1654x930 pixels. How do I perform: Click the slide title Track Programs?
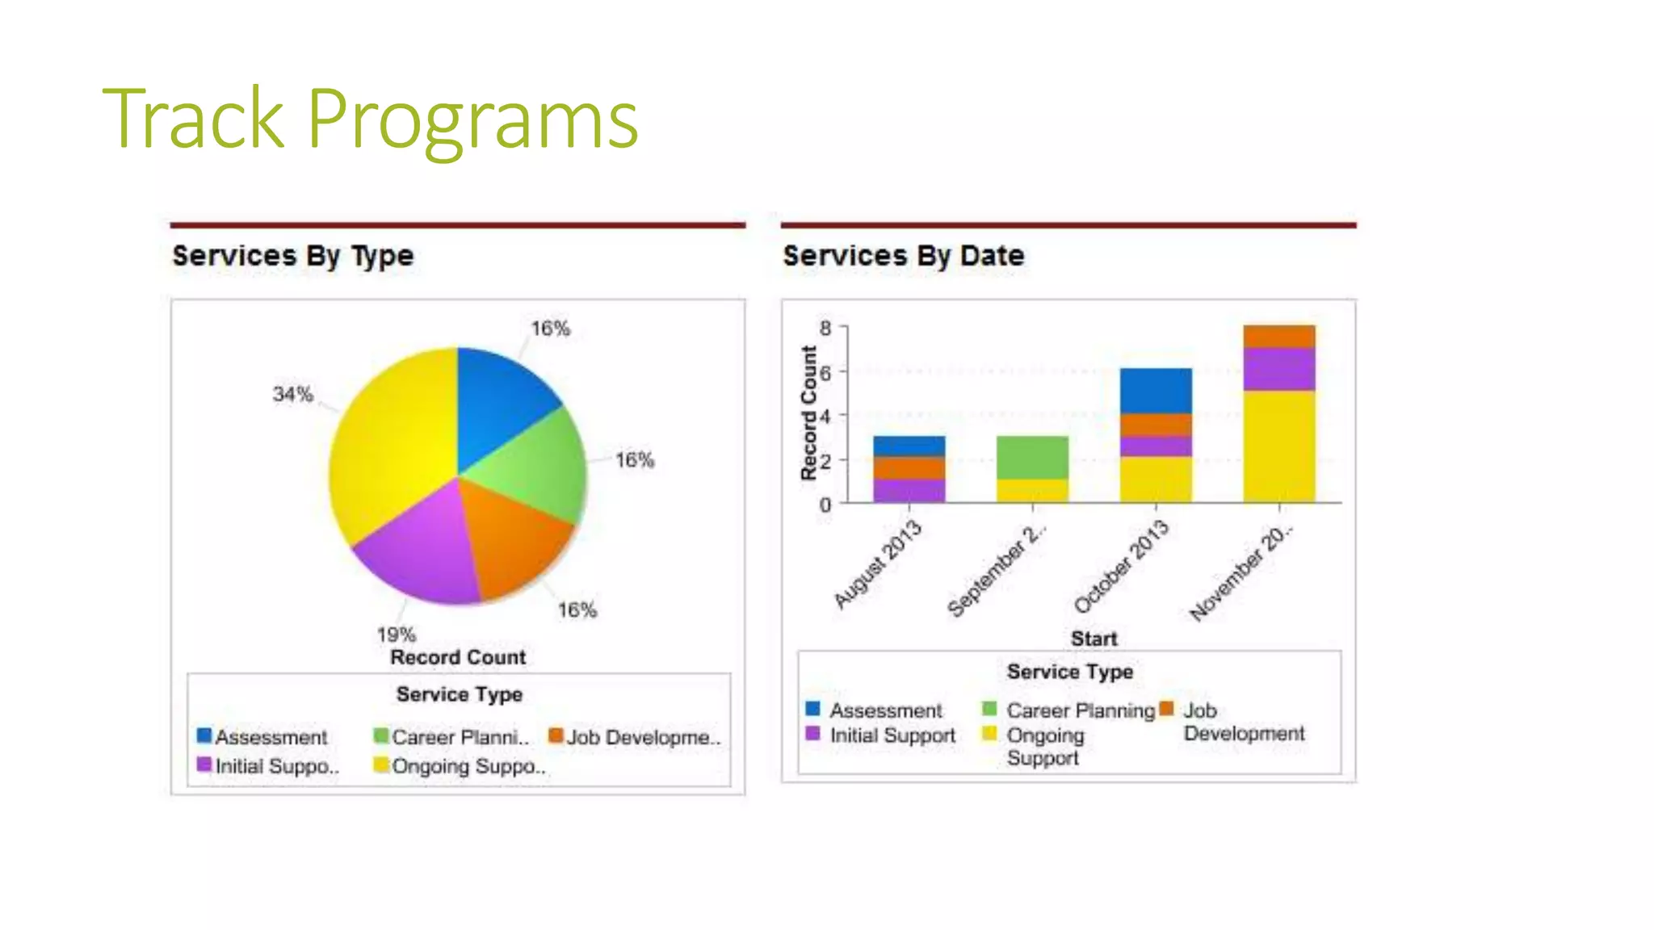[x=370, y=119]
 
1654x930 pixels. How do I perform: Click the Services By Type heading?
[x=292, y=256]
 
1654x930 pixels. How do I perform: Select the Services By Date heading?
[x=903, y=256]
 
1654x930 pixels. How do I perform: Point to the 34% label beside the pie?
[x=292, y=394]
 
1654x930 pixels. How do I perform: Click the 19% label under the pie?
[x=396, y=634]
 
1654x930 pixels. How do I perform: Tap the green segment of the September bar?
[x=1032, y=457]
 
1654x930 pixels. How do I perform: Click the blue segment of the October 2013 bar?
[x=1155, y=391]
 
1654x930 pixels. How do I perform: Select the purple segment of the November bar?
[x=1278, y=369]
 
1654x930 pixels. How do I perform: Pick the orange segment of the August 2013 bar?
[x=909, y=468]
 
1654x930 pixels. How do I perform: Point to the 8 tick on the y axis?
[x=825, y=328]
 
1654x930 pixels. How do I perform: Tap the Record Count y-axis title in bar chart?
[x=808, y=413]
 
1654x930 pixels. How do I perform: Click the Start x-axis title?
[x=1094, y=639]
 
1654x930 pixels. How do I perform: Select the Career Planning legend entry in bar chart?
[x=1079, y=710]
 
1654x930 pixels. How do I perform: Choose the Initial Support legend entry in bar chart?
[x=892, y=735]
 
